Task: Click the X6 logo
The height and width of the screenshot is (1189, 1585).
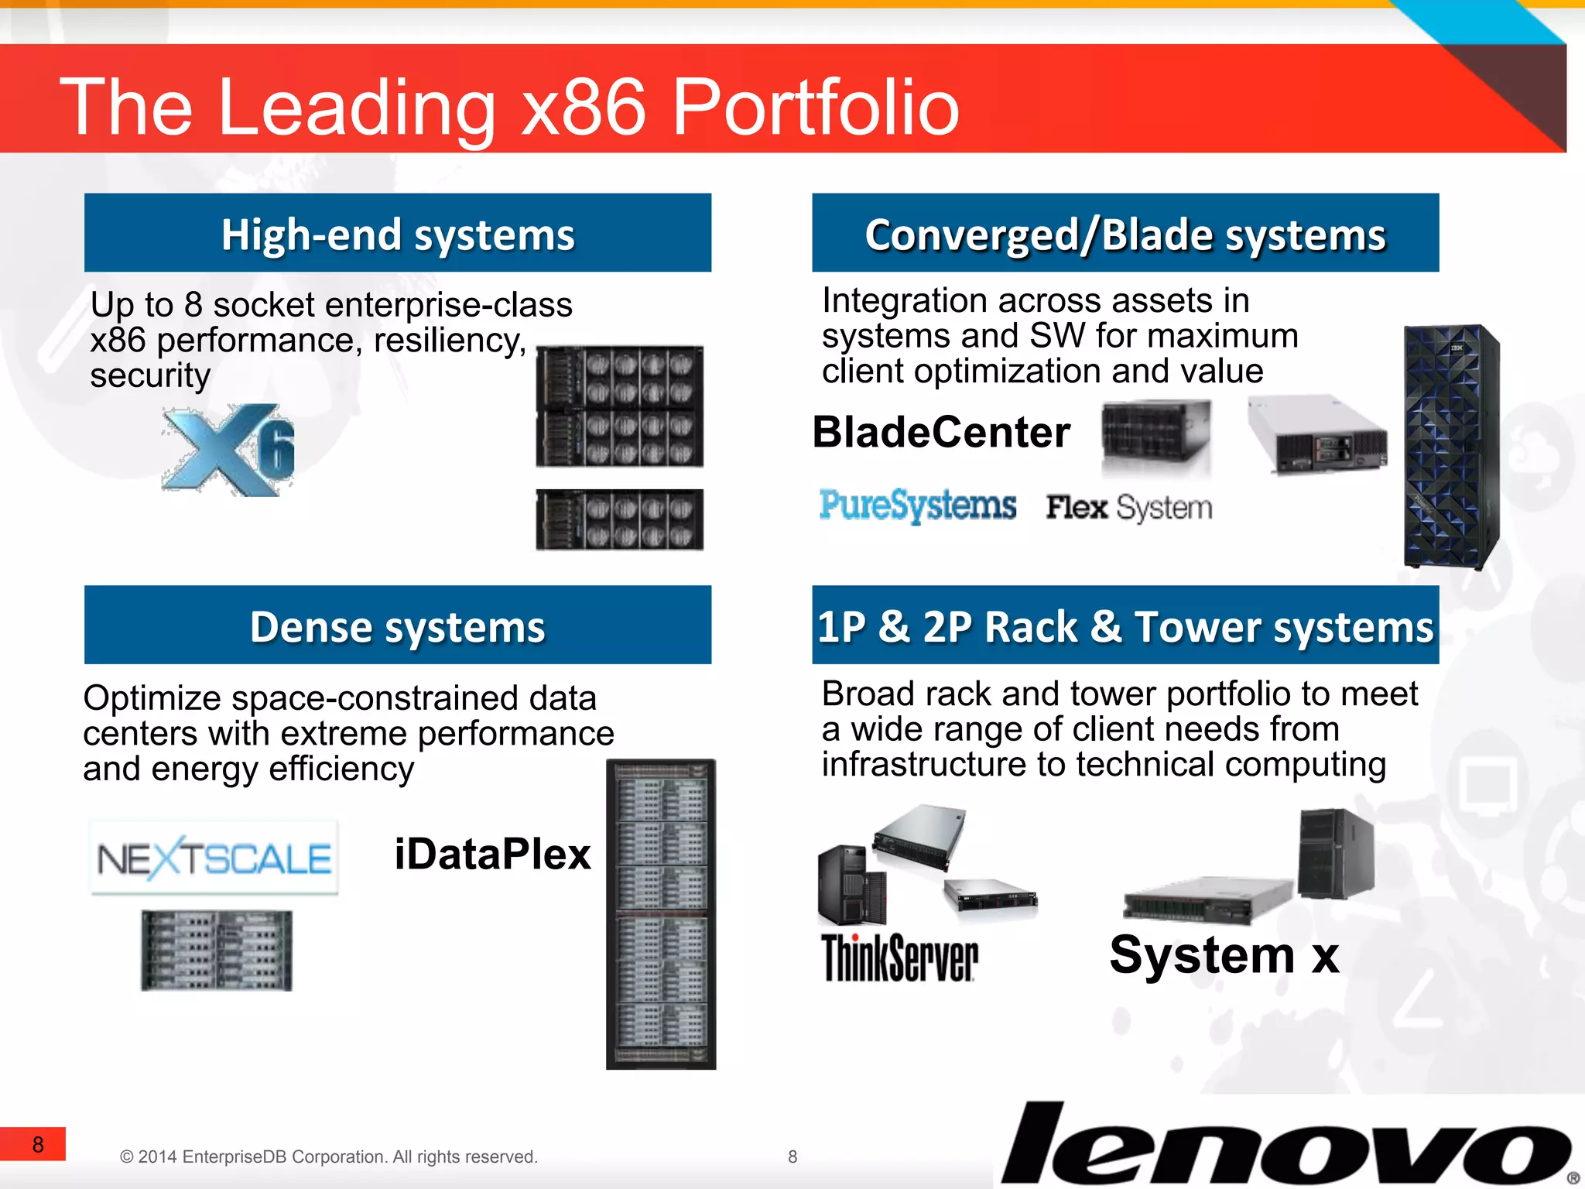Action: coord(228,450)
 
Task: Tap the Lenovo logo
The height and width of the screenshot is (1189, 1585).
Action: coord(1285,1144)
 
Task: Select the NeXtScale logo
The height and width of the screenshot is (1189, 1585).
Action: coord(214,858)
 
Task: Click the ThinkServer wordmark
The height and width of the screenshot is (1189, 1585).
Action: coord(899,958)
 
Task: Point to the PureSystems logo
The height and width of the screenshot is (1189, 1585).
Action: coord(917,505)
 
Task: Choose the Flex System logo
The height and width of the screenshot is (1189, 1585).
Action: coord(1128,508)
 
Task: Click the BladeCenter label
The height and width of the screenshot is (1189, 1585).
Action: coord(941,432)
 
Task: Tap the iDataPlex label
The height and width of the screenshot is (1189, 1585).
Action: coord(492,855)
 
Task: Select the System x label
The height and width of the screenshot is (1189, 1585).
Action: coord(1224,955)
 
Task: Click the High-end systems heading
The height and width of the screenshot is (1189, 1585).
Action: coord(398,234)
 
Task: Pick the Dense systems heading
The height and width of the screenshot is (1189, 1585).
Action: coord(398,625)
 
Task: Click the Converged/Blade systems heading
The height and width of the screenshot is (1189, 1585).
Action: coord(1125,234)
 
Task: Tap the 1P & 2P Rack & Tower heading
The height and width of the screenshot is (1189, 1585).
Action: coord(1125,625)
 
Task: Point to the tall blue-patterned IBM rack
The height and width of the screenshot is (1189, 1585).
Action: coord(1451,447)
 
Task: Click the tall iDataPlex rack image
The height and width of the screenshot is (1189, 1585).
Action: coord(661,913)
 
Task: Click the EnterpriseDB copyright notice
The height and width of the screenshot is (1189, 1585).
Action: coord(328,1156)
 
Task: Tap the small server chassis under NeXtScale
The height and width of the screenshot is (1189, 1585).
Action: coord(217,951)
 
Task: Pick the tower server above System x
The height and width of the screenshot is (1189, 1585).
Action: coord(1336,852)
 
